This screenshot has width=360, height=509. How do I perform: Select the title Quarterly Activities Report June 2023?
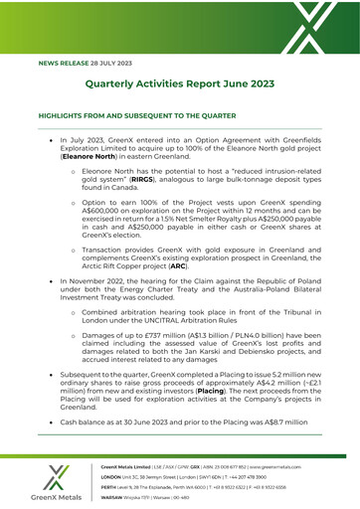(x=180, y=86)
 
